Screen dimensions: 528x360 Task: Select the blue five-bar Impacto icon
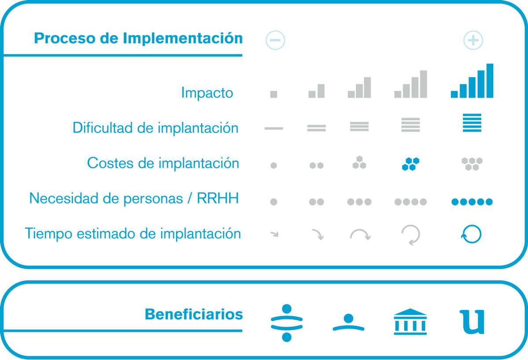472,81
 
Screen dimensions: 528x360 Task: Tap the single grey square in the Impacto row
274,94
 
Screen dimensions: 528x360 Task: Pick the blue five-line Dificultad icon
472,123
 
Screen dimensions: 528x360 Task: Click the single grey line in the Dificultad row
274,129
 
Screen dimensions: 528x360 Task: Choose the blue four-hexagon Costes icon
411,164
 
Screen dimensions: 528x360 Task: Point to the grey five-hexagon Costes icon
472,164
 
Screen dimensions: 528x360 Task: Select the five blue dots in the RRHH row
472,202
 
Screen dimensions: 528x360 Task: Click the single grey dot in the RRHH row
274,202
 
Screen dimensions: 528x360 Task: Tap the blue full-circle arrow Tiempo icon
471,243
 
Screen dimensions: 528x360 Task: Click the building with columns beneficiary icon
410,322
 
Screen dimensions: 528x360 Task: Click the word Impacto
207,93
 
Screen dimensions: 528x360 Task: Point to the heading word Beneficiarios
194,314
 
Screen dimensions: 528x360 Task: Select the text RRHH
218,198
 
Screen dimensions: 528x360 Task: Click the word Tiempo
48,233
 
